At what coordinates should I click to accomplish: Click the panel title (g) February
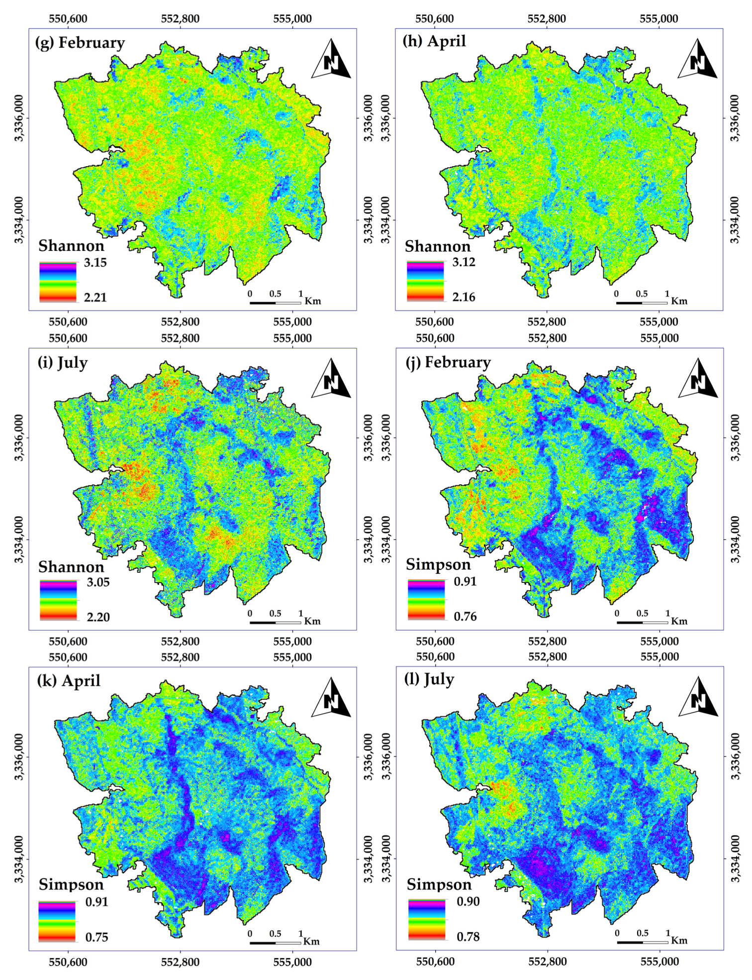(80, 43)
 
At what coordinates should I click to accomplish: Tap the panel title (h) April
(434, 41)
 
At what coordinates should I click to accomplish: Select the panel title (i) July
(63, 362)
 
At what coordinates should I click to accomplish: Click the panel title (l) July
(429, 679)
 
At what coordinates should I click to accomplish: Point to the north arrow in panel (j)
(698, 380)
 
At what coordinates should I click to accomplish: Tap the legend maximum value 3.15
(95, 263)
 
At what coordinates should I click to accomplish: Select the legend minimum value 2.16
(464, 297)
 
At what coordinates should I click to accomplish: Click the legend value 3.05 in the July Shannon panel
(98, 582)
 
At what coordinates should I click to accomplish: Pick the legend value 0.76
(465, 617)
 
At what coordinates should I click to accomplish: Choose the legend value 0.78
(468, 937)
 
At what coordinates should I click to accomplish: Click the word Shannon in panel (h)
(438, 246)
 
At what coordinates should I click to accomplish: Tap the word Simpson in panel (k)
(71, 884)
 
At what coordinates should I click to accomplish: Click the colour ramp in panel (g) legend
(58, 282)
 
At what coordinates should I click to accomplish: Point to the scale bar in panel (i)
(275, 622)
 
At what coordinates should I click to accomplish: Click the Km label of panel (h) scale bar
(679, 301)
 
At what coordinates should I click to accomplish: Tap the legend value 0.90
(468, 901)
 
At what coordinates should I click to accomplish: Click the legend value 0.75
(96, 937)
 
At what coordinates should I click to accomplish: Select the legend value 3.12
(464, 262)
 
